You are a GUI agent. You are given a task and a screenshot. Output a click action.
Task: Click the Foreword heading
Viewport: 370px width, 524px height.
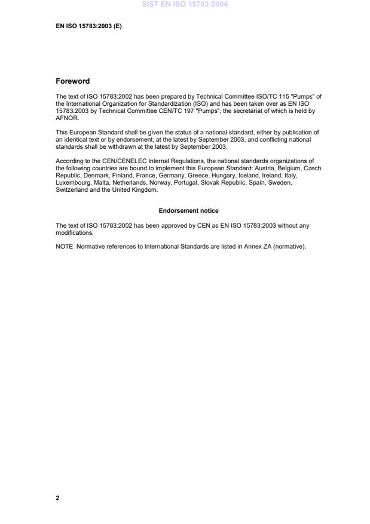[x=72, y=81]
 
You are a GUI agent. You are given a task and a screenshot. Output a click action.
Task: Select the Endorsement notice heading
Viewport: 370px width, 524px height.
[x=188, y=210]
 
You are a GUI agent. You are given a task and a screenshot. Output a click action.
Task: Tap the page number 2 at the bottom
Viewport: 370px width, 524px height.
[x=57, y=498]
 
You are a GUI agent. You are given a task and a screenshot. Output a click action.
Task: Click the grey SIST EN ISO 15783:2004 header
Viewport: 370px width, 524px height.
[x=185, y=5]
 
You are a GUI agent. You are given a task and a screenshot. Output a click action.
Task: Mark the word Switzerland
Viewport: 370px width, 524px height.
[x=71, y=190]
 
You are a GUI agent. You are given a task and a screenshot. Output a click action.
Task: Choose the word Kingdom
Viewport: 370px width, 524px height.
[x=145, y=190]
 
